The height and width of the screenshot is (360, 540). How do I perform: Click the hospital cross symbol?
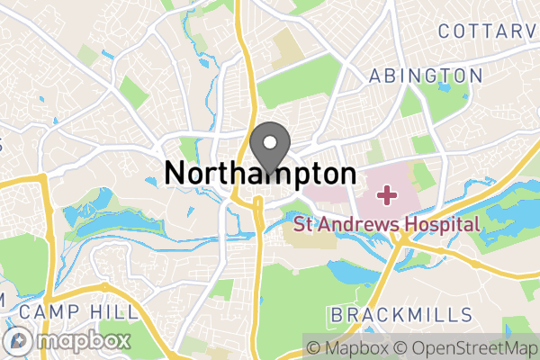(388, 193)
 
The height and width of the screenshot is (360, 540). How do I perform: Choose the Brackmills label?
(401, 314)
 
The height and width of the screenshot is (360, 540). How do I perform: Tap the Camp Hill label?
(78, 312)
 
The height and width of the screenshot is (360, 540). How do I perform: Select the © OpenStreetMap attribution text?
(467, 347)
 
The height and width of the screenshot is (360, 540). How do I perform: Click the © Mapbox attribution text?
(348, 347)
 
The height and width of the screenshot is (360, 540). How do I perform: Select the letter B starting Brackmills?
(337, 314)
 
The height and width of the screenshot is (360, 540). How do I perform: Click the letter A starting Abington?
(375, 75)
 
